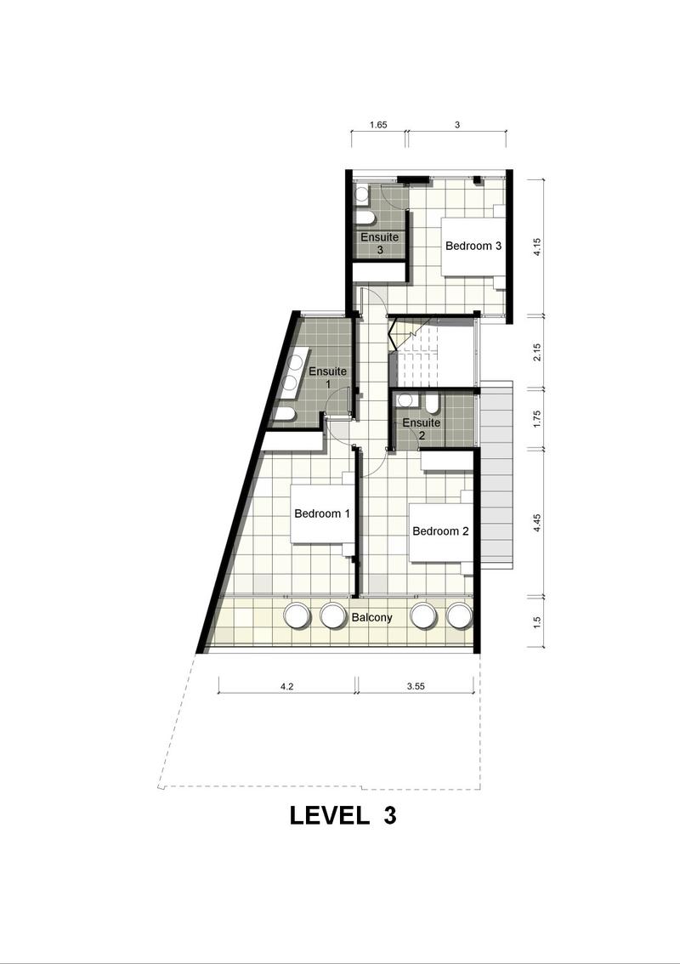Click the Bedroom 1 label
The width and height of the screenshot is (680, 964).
pos(321,513)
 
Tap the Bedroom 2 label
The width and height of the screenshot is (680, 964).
pos(440,530)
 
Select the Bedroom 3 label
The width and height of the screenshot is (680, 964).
pos(473,246)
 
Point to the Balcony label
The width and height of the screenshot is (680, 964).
pos(371,617)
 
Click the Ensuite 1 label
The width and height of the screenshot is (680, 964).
pos(327,377)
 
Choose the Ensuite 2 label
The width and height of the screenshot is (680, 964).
pos(421,429)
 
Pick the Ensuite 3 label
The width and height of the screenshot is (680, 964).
pos(379,243)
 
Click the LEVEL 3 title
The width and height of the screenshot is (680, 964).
pos(343,815)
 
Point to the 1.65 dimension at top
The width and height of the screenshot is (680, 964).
pos(378,125)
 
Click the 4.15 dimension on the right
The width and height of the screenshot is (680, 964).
pos(536,247)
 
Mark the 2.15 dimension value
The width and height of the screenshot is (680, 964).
pos(536,352)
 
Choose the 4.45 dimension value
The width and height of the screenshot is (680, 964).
pos(536,523)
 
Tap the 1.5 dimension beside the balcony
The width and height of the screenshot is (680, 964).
pos(536,622)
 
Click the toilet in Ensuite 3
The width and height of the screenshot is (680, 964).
pos(364,219)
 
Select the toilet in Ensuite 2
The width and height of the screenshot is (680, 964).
pos(432,403)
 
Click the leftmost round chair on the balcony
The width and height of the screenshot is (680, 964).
pos(296,615)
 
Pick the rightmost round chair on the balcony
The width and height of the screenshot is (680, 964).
pos(459,615)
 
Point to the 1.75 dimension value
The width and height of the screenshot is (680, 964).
pos(536,419)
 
